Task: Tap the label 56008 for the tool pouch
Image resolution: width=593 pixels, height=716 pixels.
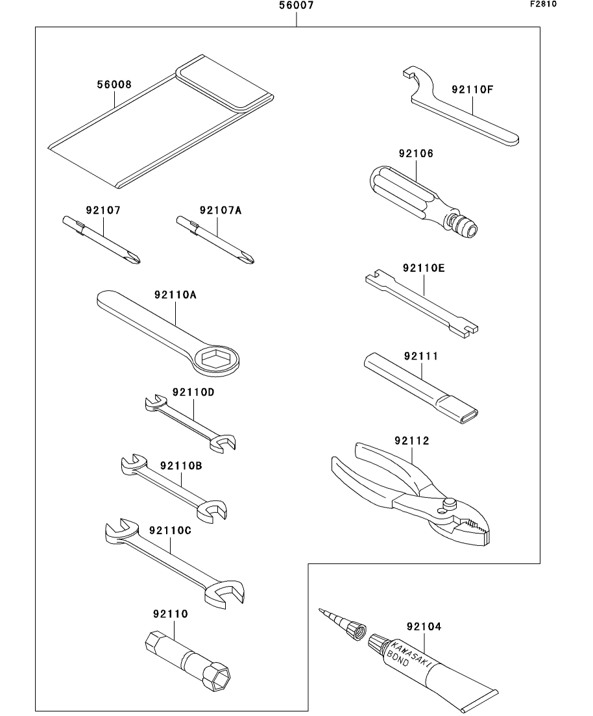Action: point(114,84)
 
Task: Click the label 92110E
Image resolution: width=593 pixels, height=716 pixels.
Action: point(424,267)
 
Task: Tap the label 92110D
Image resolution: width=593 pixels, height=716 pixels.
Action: point(193,392)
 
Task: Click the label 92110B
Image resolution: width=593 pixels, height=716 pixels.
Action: point(181,465)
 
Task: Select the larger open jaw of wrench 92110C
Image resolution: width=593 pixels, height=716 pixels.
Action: point(225,592)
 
